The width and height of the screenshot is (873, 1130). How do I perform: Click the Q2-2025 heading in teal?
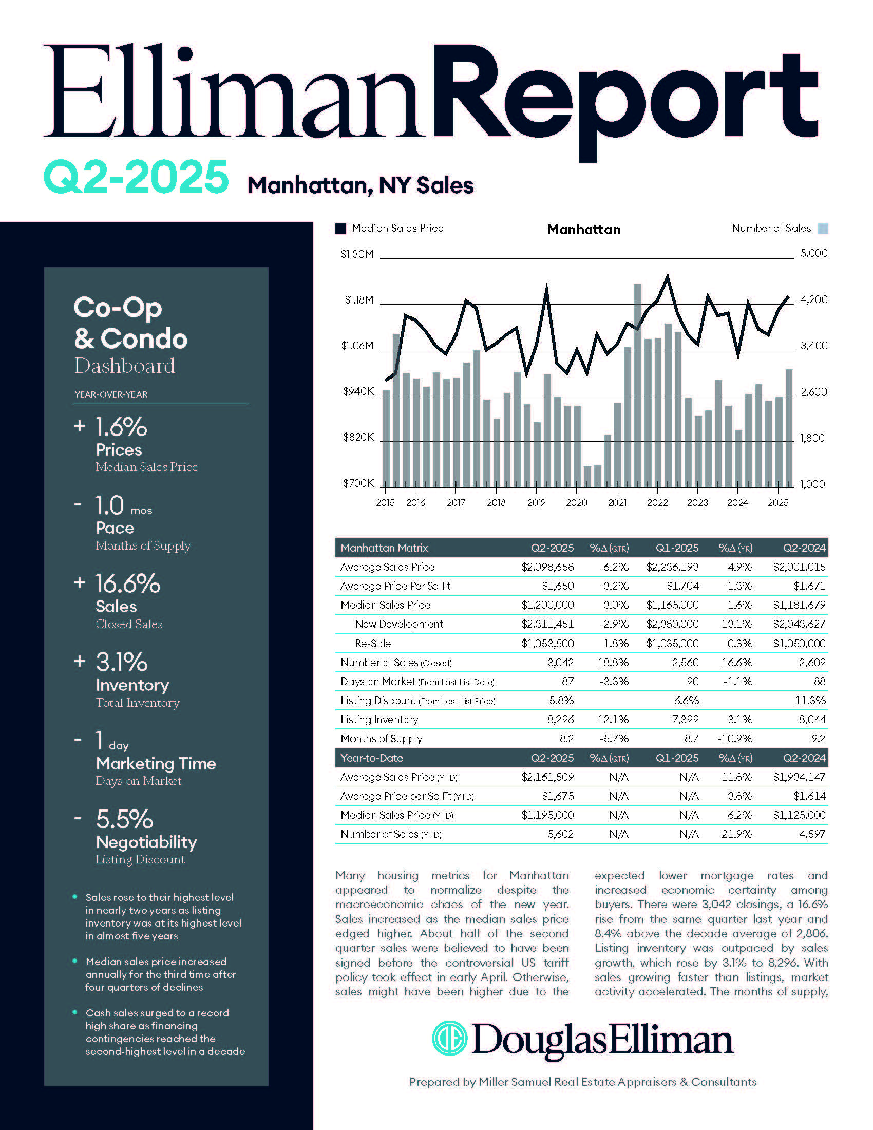coord(136,177)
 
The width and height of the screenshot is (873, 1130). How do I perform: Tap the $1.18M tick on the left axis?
coord(359,300)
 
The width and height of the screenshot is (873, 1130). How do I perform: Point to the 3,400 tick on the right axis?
coord(813,346)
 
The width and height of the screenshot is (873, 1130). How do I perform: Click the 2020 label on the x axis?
coord(576,502)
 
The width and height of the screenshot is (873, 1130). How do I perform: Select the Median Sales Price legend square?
coord(340,229)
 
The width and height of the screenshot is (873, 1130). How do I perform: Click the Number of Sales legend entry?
coord(771,228)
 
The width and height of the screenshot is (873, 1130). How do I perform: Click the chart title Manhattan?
coord(584,229)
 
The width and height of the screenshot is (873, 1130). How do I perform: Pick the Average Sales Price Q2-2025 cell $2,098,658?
coord(547,567)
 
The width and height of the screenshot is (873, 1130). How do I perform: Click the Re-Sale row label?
coord(372,644)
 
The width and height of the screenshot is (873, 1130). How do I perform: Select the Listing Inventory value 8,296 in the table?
coord(560,720)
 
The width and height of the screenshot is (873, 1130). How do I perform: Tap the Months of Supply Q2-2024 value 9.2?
coord(818,739)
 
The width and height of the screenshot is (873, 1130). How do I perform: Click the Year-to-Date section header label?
coord(371,758)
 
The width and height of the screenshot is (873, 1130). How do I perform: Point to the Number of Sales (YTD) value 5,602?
coord(560,834)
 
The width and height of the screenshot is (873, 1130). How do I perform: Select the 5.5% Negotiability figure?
coord(125,820)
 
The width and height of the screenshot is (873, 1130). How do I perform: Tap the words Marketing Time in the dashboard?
coord(156,764)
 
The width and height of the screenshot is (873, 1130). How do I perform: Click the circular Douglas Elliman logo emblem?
coord(449,1038)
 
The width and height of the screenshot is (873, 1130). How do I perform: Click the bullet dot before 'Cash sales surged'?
coord(75,1012)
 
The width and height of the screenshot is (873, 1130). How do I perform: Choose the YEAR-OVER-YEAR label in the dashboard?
coord(111,394)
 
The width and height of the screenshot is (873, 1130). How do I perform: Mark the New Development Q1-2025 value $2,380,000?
coord(672,624)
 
